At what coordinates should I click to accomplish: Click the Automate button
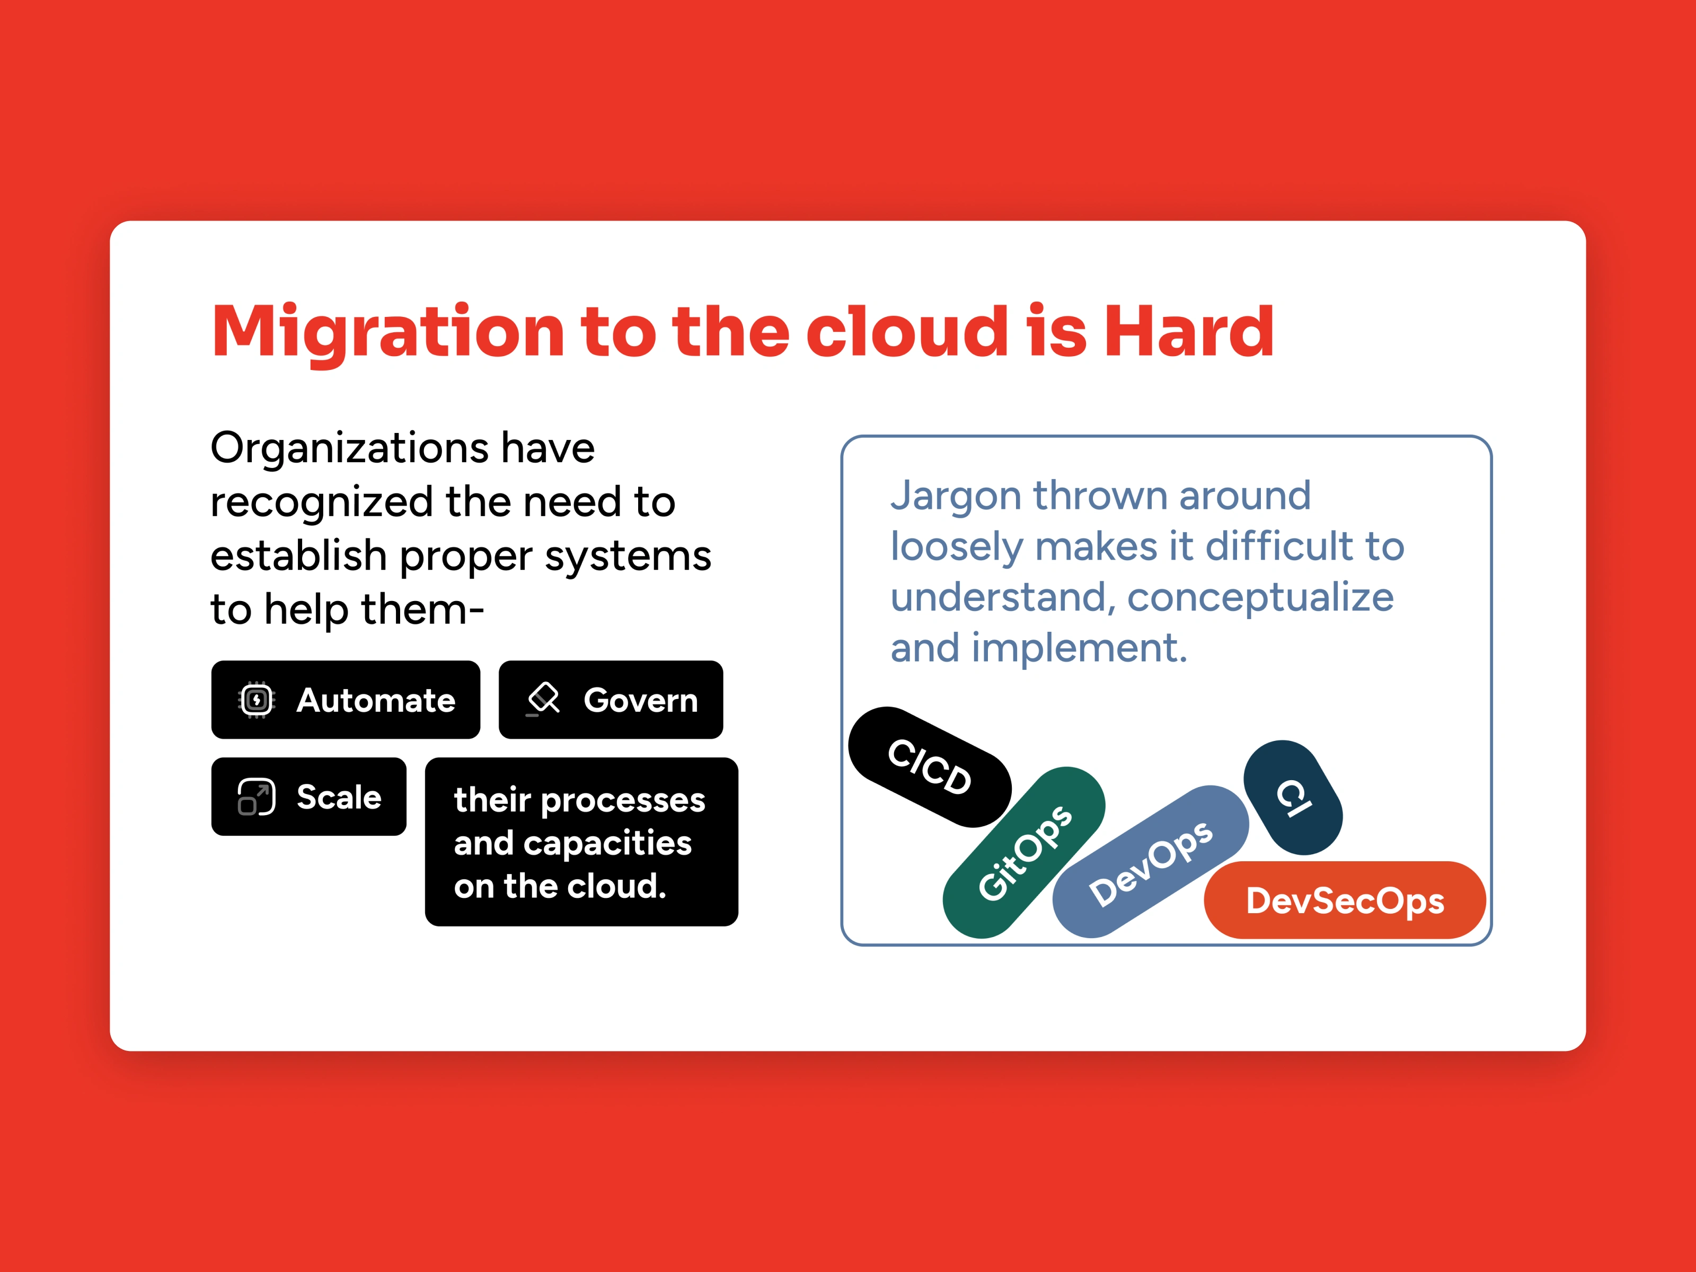click(x=346, y=700)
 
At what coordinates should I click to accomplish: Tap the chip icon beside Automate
click(x=257, y=700)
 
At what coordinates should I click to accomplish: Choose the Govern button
click(x=611, y=700)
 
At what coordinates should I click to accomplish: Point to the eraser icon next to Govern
click(x=544, y=699)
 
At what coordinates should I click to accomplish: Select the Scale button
click(x=309, y=797)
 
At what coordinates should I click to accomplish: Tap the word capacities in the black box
click(x=607, y=843)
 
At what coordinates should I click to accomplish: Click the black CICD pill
click(x=930, y=767)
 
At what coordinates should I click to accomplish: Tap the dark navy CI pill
click(x=1293, y=798)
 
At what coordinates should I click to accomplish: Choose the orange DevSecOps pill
click(x=1345, y=900)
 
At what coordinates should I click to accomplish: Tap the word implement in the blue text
click(x=1080, y=649)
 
